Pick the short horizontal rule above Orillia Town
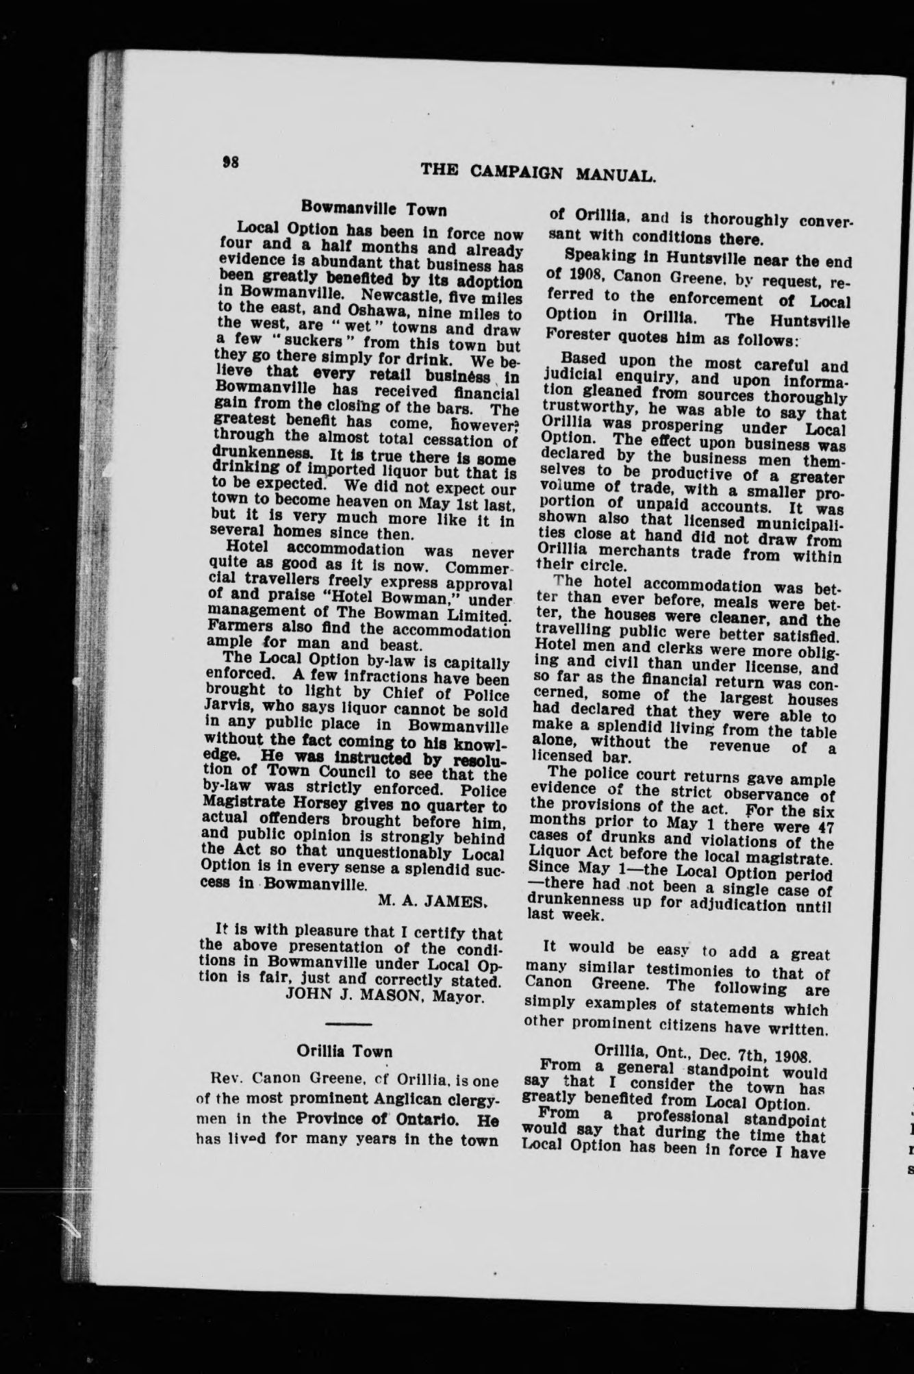349,1023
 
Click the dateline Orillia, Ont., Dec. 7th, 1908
701,1052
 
